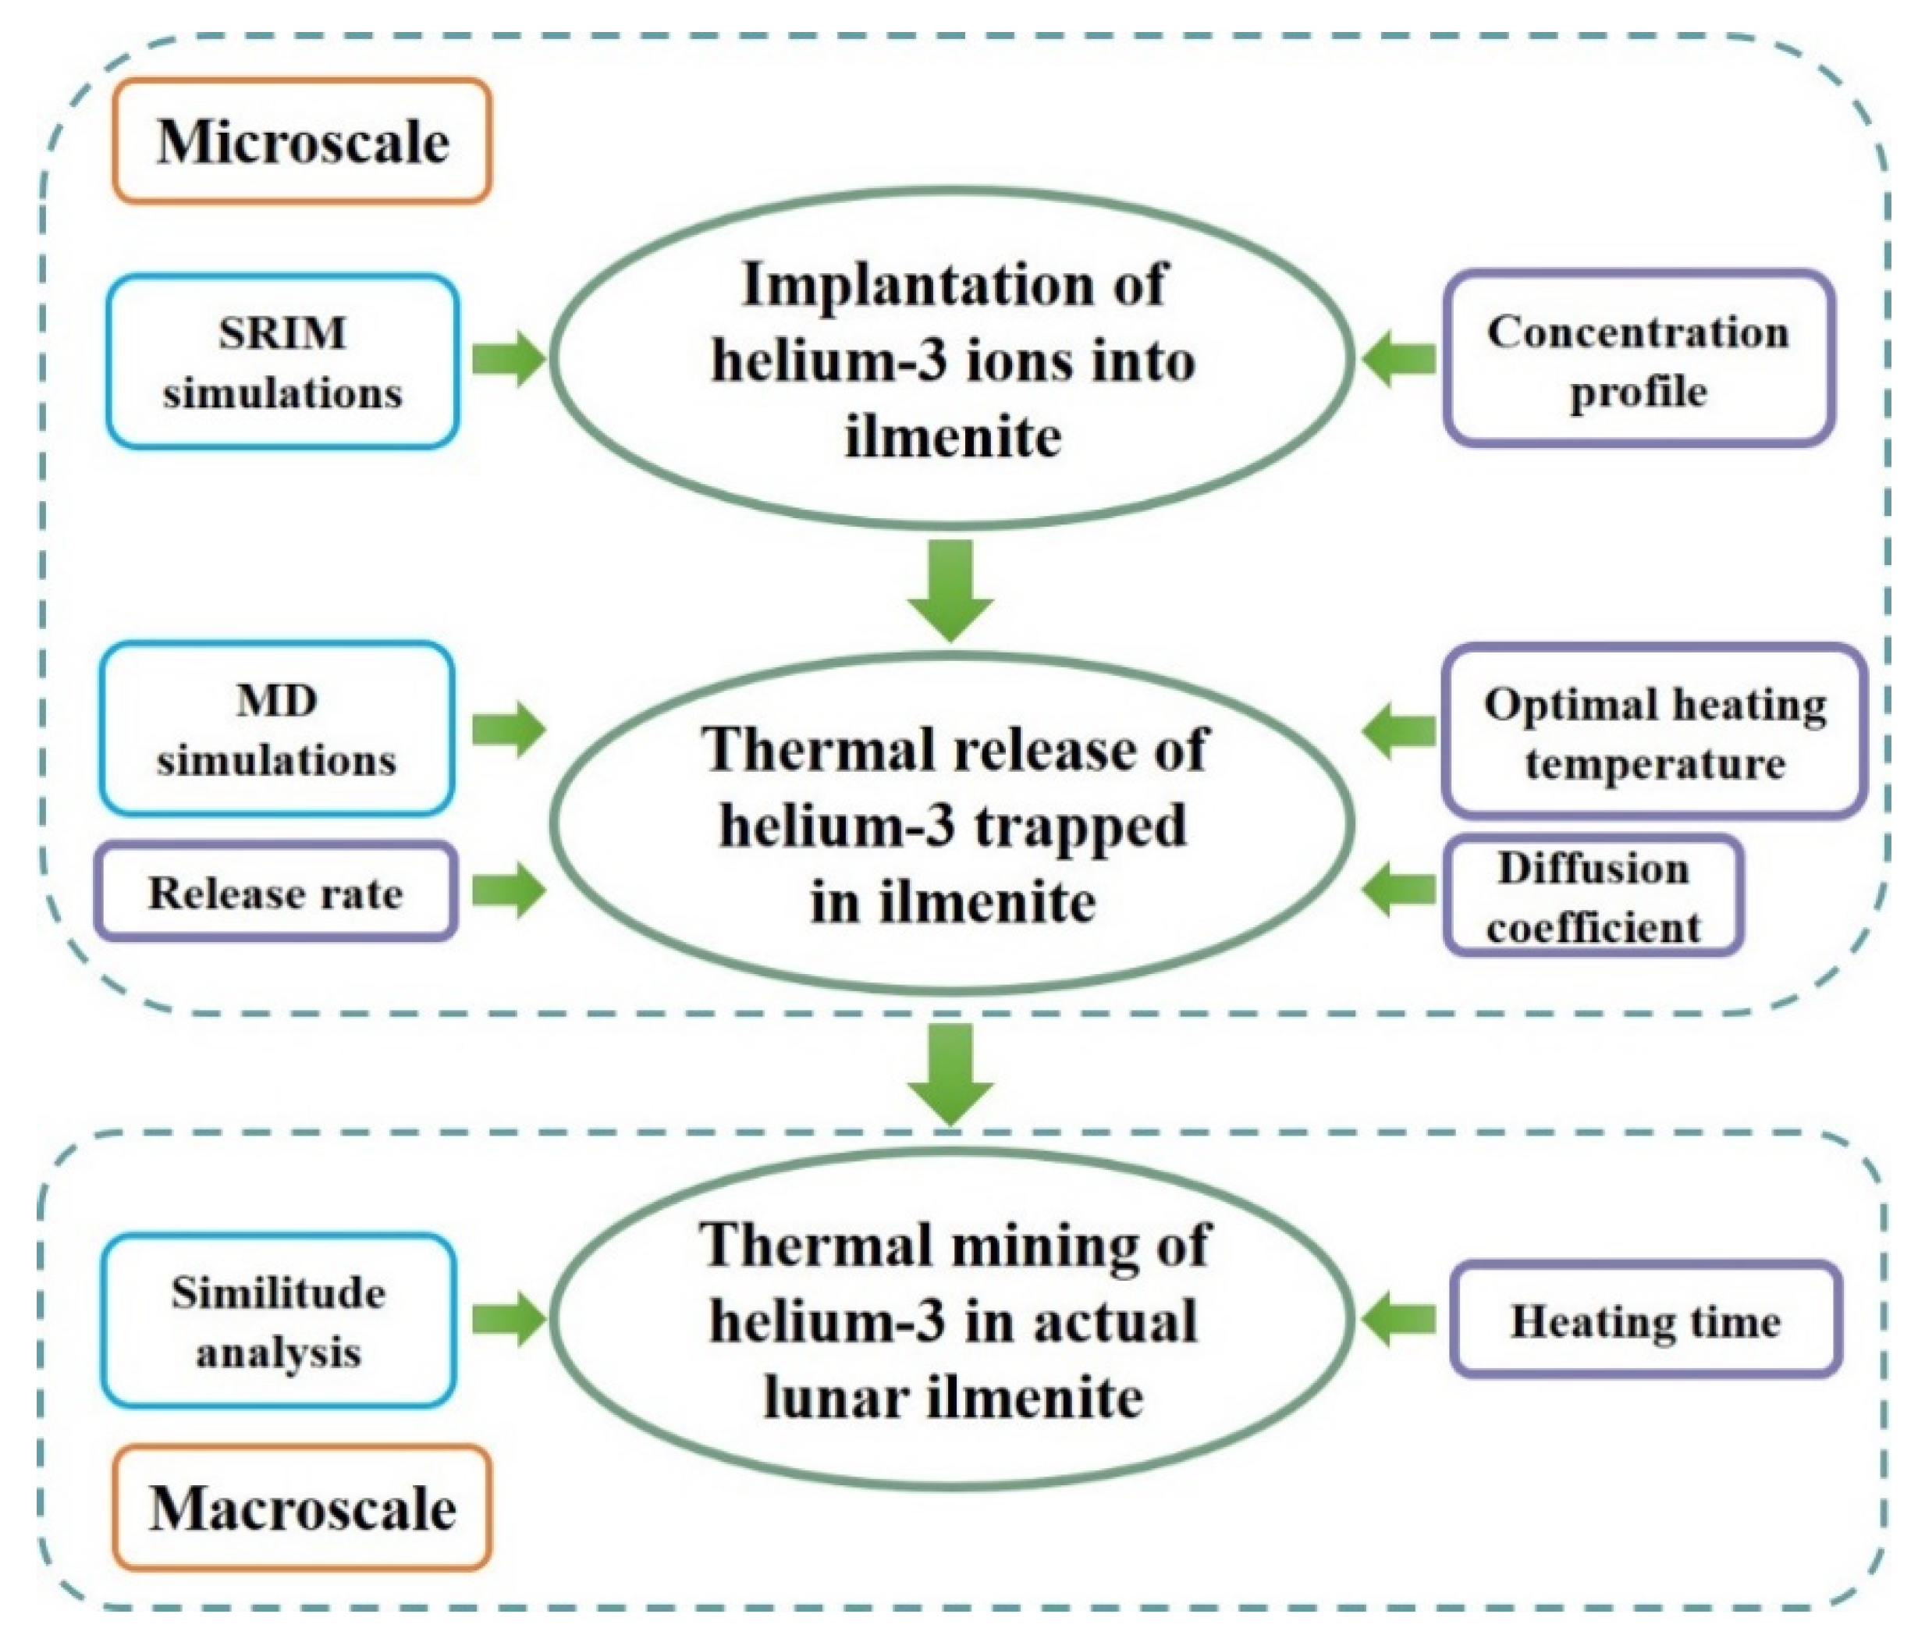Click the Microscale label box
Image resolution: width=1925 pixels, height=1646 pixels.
pos(302,141)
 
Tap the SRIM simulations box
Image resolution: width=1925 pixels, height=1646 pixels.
pos(282,361)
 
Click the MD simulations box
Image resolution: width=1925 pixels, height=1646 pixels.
pos(277,729)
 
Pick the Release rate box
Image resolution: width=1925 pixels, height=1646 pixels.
pos(276,892)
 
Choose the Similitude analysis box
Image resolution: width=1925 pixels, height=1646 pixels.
pos(278,1321)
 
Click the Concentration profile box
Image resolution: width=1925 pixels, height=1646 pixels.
pos(1638,360)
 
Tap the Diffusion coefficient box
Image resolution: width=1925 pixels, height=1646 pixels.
pos(1593,896)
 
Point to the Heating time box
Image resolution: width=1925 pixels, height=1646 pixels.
pos(1646,1321)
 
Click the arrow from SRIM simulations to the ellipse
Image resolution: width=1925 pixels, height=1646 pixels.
pos(508,357)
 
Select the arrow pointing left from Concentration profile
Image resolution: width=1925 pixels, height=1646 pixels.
pos(1399,357)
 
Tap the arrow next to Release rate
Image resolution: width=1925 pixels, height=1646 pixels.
pos(508,891)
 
